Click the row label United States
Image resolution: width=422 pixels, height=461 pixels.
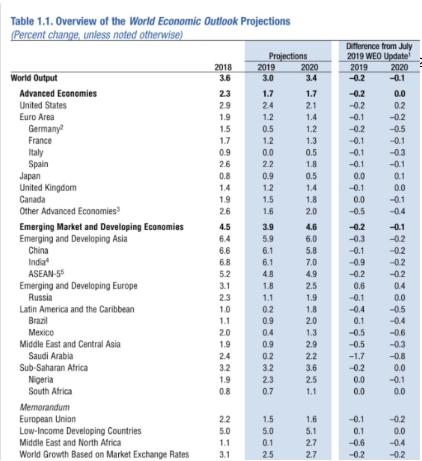(43, 106)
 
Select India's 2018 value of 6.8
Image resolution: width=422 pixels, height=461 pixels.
(225, 262)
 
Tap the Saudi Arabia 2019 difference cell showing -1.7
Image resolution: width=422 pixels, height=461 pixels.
(358, 356)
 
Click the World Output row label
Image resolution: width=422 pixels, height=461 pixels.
(34, 78)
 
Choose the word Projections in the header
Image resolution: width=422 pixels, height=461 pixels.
(287, 56)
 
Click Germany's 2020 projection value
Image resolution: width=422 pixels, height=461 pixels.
(311, 129)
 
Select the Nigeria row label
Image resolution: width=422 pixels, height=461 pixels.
(41, 380)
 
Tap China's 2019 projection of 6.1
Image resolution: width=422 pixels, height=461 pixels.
(268, 250)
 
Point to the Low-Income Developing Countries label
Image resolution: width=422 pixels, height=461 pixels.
(80, 431)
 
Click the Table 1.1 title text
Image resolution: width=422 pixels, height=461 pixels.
(150, 22)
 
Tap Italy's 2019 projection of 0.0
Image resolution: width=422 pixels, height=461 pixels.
(268, 152)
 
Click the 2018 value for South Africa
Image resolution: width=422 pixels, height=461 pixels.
(225, 392)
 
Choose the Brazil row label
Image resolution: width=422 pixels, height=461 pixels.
(38, 321)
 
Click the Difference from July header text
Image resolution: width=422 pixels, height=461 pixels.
(375, 46)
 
